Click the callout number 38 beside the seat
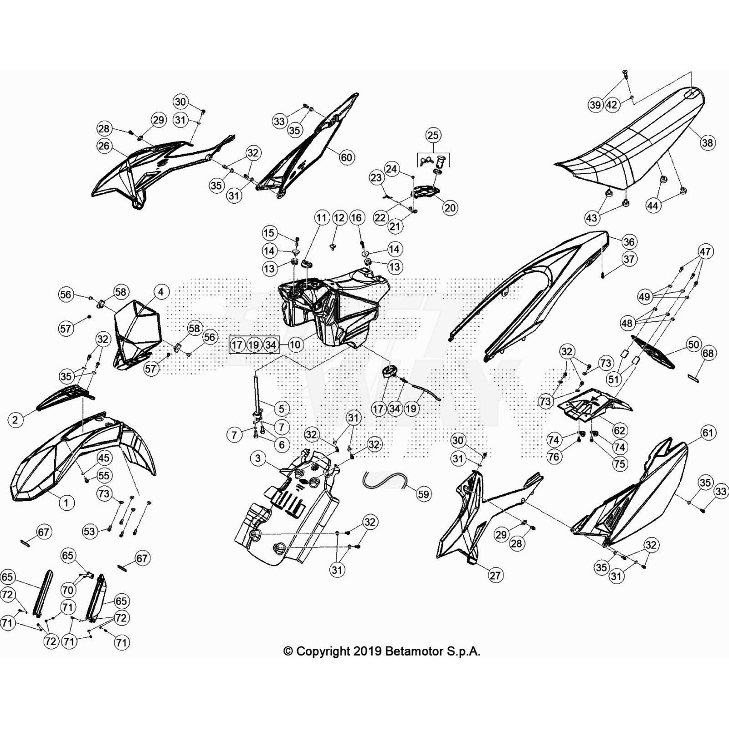pyautogui.click(x=707, y=143)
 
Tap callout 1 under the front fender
pyautogui.click(x=67, y=503)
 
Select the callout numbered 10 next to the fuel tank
pyautogui.click(x=295, y=344)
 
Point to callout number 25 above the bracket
pyautogui.click(x=433, y=135)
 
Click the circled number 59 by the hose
pyautogui.click(x=424, y=494)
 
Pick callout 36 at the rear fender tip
pyautogui.click(x=629, y=242)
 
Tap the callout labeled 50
pyautogui.click(x=693, y=344)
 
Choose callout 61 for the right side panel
pyautogui.click(x=708, y=432)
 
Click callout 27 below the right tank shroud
pyautogui.click(x=495, y=575)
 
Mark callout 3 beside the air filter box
pyautogui.click(x=258, y=458)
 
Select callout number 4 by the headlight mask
pyautogui.click(x=161, y=292)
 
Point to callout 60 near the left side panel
pyautogui.click(x=346, y=158)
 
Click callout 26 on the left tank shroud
pyautogui.click(x=104, y=145)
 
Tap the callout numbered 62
pyautogui.click(x=619, y=430)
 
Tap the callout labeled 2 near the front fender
pyautogui.click(x=15, y=420)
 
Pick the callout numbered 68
pyautogui.click(x=708, y=353)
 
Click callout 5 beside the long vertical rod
pyautogui.click(x=282, y=409)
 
